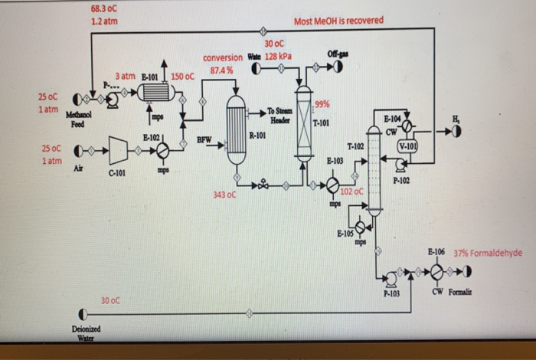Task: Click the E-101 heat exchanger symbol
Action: [156, 93]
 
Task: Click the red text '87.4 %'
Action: [221, 70]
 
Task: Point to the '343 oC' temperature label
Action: [225, 196]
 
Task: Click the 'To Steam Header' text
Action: [278, 116]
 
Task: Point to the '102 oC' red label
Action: [351, 191]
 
